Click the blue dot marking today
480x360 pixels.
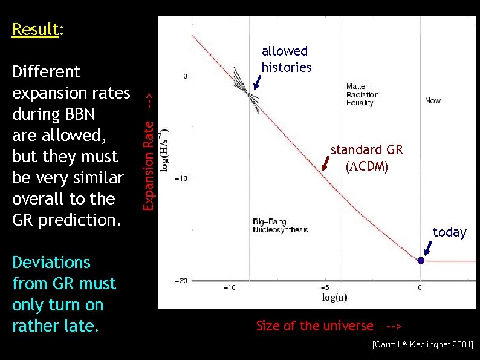tap(421, 261)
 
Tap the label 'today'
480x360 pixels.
tap(449, 232)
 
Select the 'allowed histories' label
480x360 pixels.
tap(286, 59)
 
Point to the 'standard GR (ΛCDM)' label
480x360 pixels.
tap(366, 157)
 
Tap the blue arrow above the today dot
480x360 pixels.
tap(428, 247)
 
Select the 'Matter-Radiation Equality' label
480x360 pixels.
tap(362, 94)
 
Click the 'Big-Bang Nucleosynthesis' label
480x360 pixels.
tap(280, 225)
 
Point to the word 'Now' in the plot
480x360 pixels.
tap(433, 100)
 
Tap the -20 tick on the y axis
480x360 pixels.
tap(180, 280)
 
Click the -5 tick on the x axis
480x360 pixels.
tap(325, 287)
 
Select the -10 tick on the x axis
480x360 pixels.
tap(229, 287)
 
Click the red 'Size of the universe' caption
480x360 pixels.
tap(314, 326)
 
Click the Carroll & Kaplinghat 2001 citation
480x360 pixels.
tap(423, 345)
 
